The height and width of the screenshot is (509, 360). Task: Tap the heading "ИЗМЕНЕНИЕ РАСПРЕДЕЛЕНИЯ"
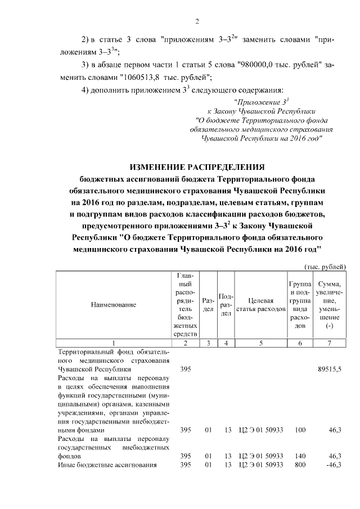point(197,167)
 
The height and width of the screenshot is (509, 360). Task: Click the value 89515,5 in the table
point(330,370)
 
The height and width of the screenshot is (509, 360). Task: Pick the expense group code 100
point(300,430)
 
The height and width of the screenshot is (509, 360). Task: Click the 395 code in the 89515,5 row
point(186,370)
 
